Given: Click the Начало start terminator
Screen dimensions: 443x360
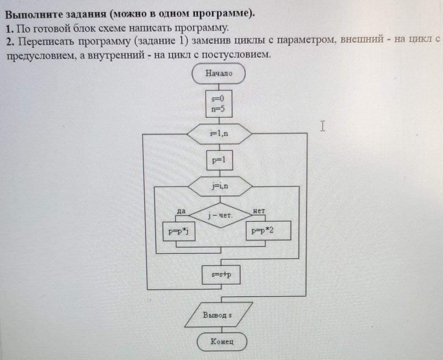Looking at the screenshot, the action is point(218,74).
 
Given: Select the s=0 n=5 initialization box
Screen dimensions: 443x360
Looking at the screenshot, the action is point(219,104).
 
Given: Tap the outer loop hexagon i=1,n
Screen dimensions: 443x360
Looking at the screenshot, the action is point(219,134).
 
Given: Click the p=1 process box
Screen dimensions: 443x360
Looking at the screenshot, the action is point(220,160).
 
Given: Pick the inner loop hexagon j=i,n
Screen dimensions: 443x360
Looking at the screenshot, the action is point(220,186).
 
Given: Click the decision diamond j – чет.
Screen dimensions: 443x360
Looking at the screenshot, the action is point(220,216).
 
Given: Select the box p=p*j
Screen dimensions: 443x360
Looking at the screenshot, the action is point(179,231).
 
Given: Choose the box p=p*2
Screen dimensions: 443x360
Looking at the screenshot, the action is point(268,231).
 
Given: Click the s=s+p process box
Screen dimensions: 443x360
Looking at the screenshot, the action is point(221,275).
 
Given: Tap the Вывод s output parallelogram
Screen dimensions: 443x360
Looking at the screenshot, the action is point(218,314).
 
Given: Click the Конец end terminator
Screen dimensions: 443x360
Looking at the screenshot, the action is point(222,341).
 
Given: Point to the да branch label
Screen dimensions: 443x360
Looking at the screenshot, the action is point(181,211).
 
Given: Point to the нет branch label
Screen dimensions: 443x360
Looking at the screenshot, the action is point(259,211).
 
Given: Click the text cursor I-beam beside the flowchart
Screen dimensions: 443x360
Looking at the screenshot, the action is point(323,126).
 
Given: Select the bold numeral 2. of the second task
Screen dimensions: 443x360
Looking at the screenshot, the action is point(11,42).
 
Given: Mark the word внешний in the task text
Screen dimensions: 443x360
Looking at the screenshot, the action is point(362,39).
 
